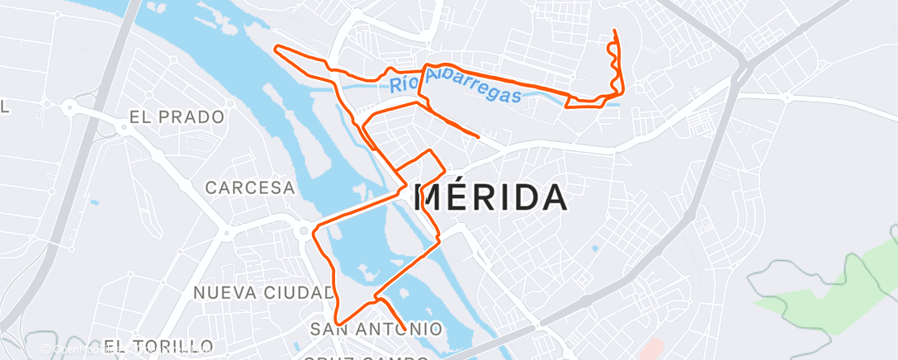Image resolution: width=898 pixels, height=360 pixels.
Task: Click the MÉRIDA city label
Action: pos(489,197)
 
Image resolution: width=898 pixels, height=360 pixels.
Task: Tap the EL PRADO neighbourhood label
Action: pos(177,117)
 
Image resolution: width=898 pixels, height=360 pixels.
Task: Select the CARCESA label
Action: pos(250,187)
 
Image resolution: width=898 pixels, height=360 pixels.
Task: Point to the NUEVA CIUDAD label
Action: pos(264,292)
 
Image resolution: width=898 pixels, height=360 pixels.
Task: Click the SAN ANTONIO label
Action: pos(376,329)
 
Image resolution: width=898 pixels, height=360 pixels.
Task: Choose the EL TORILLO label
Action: pos(158,345)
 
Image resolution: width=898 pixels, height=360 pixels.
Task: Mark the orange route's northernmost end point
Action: pos(614,31)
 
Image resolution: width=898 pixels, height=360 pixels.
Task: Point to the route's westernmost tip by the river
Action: pos(276,47)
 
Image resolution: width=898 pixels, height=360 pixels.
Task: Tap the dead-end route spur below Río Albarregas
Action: pos(478,135)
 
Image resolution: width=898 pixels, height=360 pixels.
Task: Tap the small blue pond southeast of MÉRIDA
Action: pos(595,247)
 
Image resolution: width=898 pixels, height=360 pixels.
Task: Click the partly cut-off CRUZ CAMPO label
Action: pos(367,357)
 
